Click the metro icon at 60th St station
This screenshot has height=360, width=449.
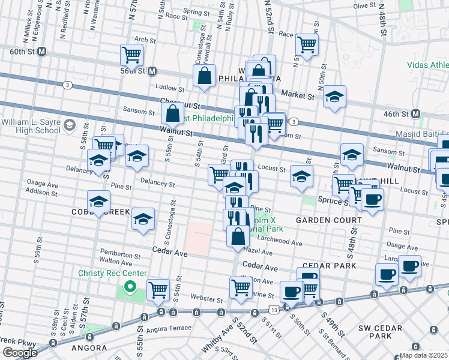41,52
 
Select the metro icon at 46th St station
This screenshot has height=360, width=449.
415,113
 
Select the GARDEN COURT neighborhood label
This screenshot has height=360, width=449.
328,220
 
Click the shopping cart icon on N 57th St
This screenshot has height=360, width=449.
131,55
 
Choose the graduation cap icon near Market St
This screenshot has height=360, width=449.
334,97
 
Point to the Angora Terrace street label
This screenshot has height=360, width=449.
171,328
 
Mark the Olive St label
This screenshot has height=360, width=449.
364,5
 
